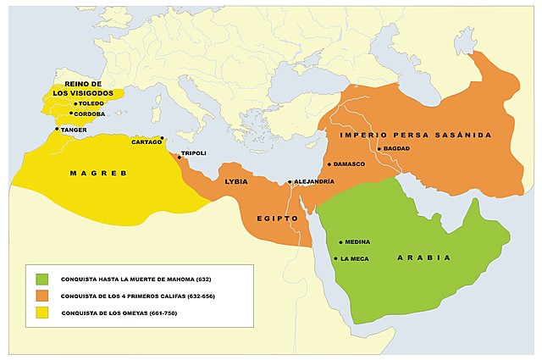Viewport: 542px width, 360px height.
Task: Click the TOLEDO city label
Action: [91, 103]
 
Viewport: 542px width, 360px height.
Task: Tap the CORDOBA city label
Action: [89, 114]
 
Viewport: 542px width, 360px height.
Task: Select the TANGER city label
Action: [74, 130]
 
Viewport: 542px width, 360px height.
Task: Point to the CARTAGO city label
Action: [146, 142]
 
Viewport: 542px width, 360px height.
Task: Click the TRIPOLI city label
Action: [193, 152]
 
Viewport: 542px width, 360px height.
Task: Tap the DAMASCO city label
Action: [349, 163]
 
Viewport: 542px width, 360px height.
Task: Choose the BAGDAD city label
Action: [396, 149]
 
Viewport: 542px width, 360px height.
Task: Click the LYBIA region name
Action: [236, 182]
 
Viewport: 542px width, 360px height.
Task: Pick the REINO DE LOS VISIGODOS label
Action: [83, 89]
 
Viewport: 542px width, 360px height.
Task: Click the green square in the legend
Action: [42, 279]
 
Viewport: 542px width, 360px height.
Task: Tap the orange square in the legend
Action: [42, 296]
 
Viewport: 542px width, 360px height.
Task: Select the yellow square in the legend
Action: [42, 313]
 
